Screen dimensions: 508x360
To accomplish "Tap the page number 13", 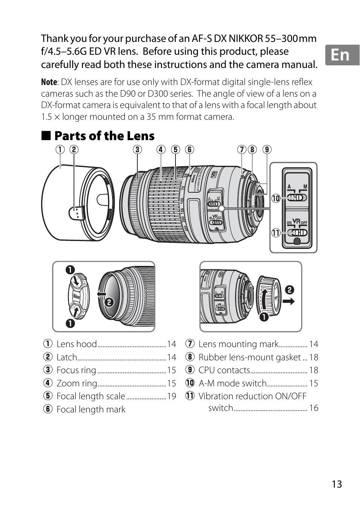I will click(337, 484).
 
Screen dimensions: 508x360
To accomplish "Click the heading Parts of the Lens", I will click(104, 136).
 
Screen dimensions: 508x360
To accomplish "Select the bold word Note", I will click(49, 82).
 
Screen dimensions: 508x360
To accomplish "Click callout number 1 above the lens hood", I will click(60, 150).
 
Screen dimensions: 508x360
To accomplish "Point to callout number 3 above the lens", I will click(137, 150).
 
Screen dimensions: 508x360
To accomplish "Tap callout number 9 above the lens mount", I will click(267, 150).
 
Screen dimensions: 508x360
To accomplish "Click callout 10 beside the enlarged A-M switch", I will click(276, 198).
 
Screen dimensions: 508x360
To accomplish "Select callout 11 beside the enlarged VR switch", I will click(276, 233).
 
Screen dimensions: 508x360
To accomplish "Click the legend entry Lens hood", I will click(77, 344).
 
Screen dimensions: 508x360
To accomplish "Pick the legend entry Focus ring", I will click(76, 370).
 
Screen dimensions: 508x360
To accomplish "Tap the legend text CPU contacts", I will click(224, 370).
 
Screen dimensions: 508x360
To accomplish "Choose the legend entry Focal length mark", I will click(91, 409).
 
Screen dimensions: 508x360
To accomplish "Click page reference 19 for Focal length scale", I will click(172, 396).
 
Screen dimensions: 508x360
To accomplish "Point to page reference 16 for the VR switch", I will click(314, 408).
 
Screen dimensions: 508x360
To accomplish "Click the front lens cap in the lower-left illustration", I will click(78, 297).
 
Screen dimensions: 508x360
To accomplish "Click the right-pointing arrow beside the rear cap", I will click(289, 301).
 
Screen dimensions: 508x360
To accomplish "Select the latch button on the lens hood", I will click(77, 213).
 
